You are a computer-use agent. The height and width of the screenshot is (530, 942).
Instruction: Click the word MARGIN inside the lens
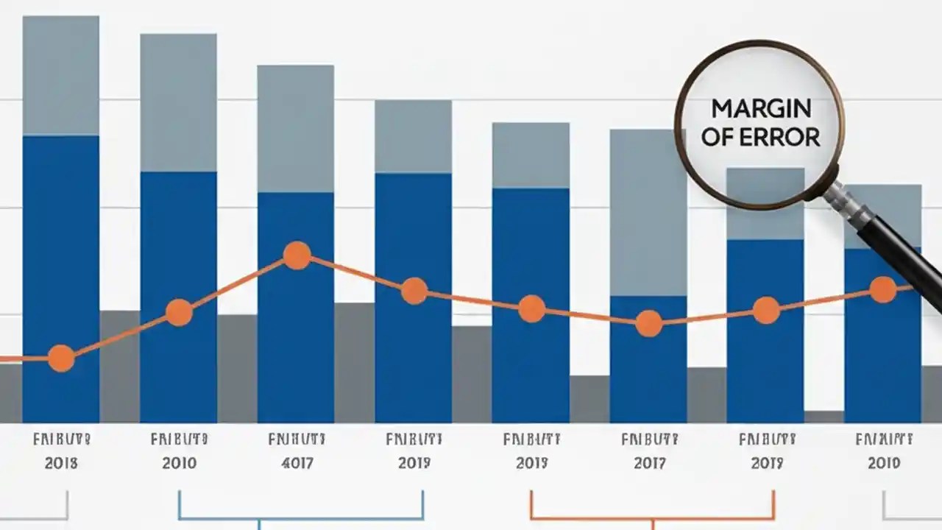761,108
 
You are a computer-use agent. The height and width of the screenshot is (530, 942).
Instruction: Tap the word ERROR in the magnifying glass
783,137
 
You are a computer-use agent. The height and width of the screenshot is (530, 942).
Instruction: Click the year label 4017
297,463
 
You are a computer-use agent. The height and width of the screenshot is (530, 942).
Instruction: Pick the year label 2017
649,463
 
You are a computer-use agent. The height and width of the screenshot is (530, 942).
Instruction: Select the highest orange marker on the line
297,255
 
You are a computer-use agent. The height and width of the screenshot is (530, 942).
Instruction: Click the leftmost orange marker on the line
61,358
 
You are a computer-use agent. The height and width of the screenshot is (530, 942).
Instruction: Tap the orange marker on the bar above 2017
649,323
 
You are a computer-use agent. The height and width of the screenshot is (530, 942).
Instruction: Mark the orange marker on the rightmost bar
883,289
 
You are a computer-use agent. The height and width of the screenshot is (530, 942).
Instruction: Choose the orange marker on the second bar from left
179,312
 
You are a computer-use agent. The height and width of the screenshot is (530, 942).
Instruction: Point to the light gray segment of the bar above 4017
296,129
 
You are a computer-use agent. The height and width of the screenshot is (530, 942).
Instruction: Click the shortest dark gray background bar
824,417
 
